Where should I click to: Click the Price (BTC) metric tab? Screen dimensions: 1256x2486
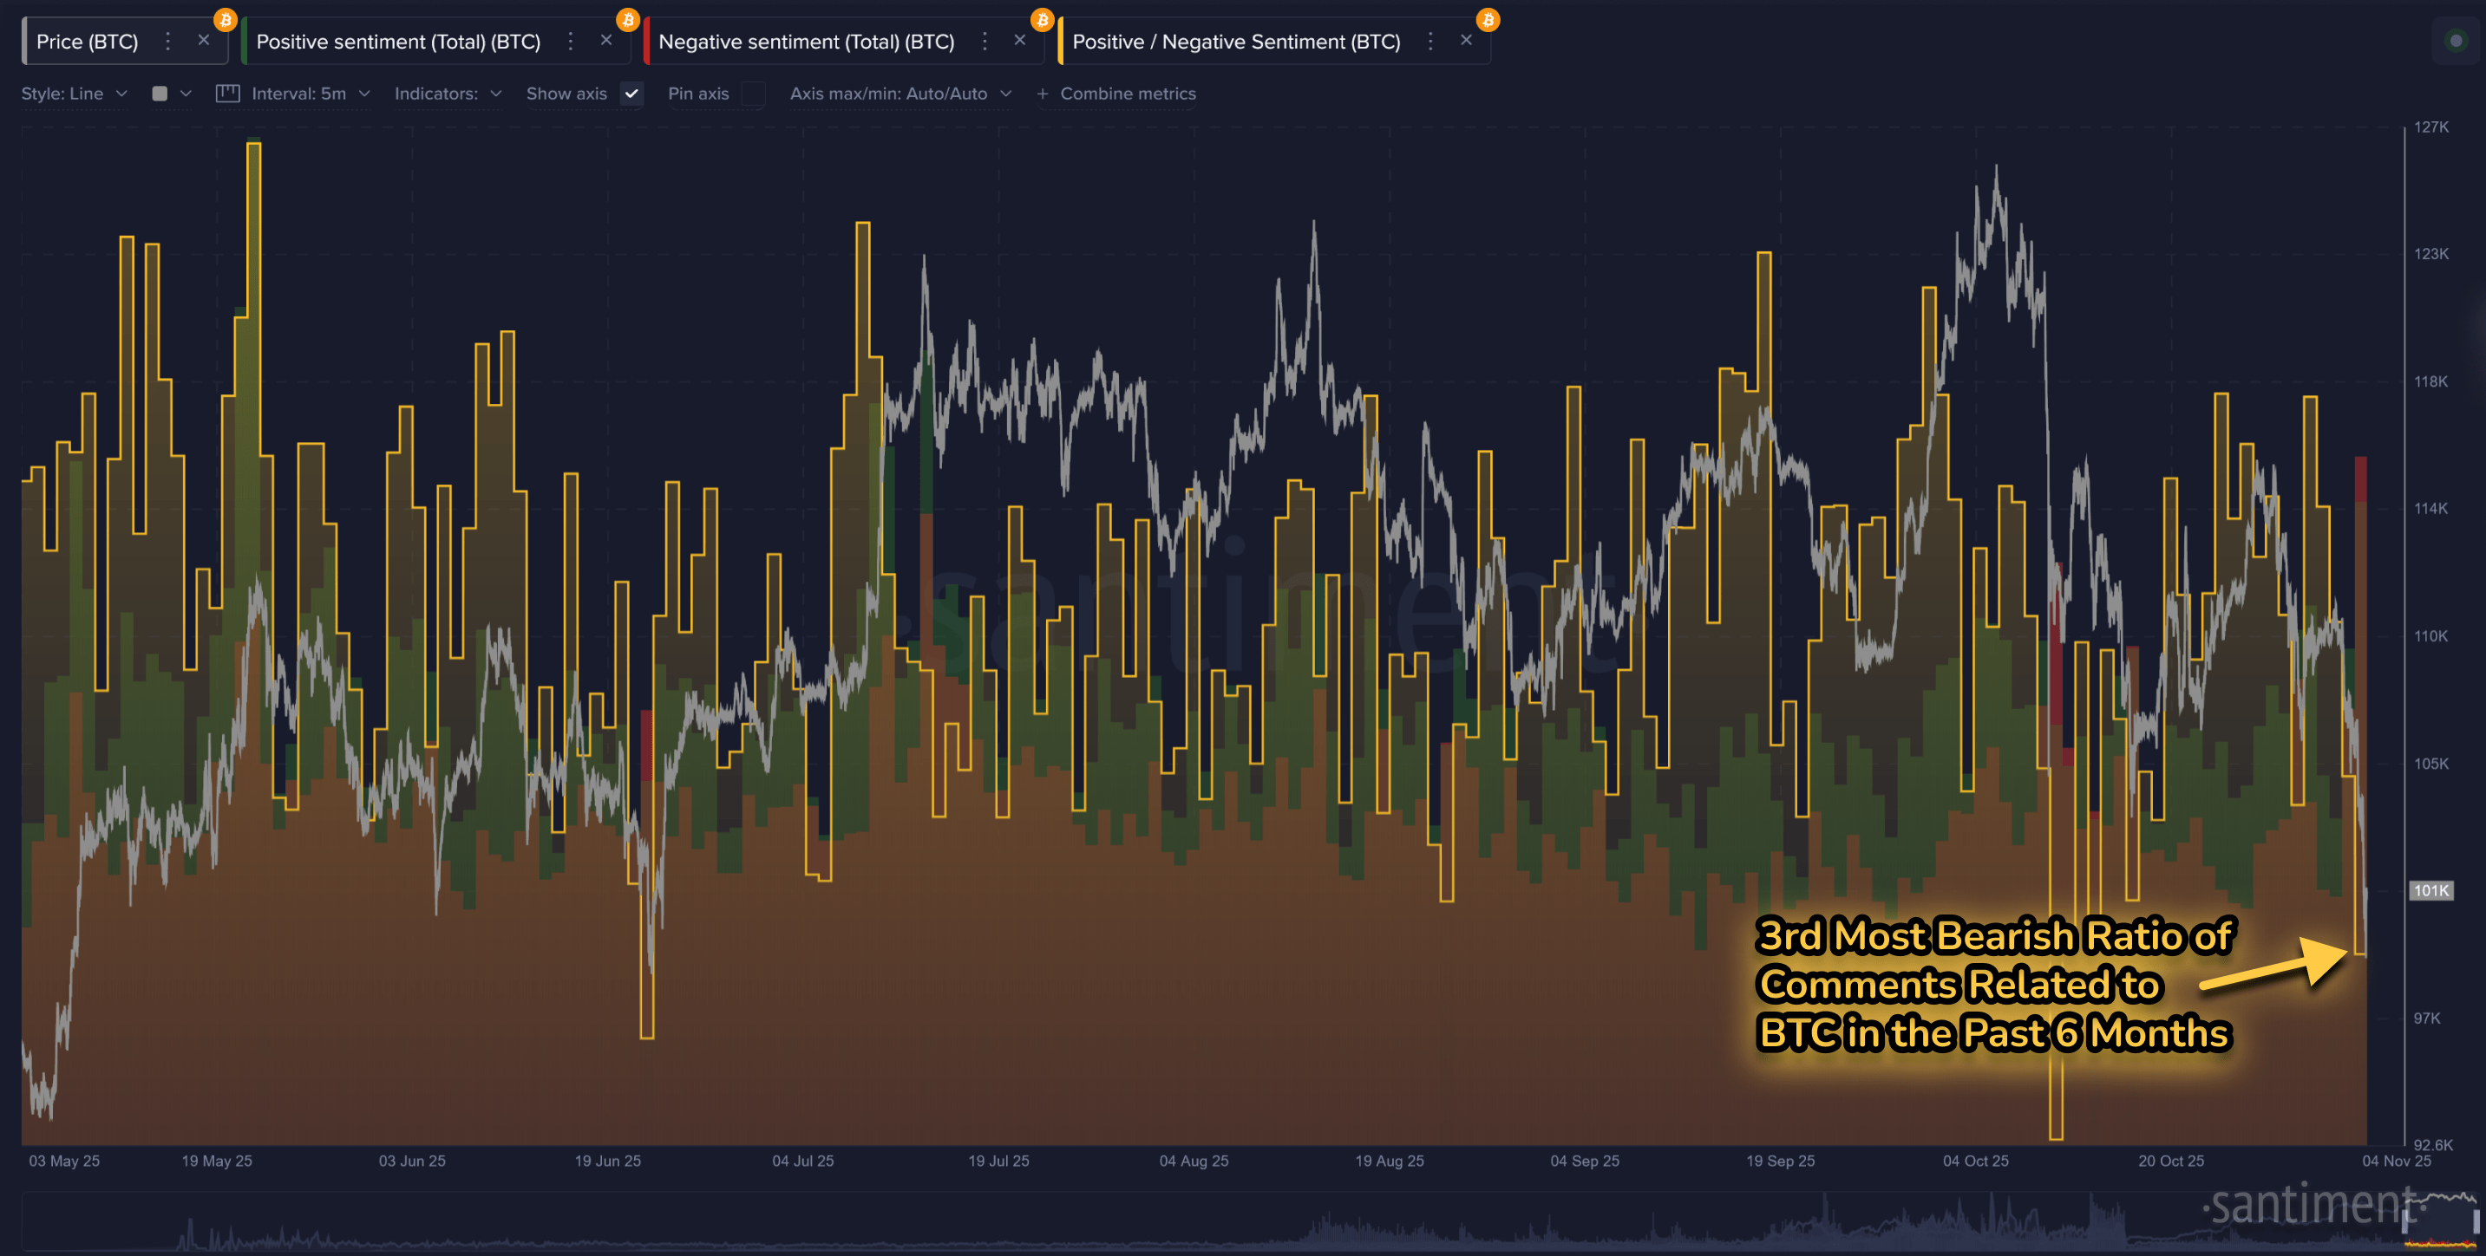pyautogui.click(x=87, y=42)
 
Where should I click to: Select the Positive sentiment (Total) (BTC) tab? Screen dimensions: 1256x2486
pyautogui.click(x=397, y=42)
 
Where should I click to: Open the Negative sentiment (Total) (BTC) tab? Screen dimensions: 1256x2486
pyautogui.click(x=806, y=42)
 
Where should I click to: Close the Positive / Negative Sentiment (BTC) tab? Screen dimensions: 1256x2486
pyautogui.click(x=1466, y=41)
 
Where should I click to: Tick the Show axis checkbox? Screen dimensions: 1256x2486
pyautogui.click(x=632, y=94)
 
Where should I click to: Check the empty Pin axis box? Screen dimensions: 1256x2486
pyautogui.click(x=753, y=94)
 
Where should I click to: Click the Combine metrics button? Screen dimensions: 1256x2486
pyautogui.click(x=1116, y=94)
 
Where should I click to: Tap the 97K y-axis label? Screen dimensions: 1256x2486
pyautogui.click(x=2426, y=1018)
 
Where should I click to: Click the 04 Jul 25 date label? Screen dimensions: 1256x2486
pyautogui.click(x=802, y=1161)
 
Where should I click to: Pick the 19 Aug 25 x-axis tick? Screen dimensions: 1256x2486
pyautogui.click(x=1389, y=1161)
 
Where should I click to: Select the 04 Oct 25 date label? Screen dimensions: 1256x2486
pyautogui.click(x=1974, y=1161)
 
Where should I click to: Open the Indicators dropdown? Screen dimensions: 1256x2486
pyautogui.click(x=447, y=94)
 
